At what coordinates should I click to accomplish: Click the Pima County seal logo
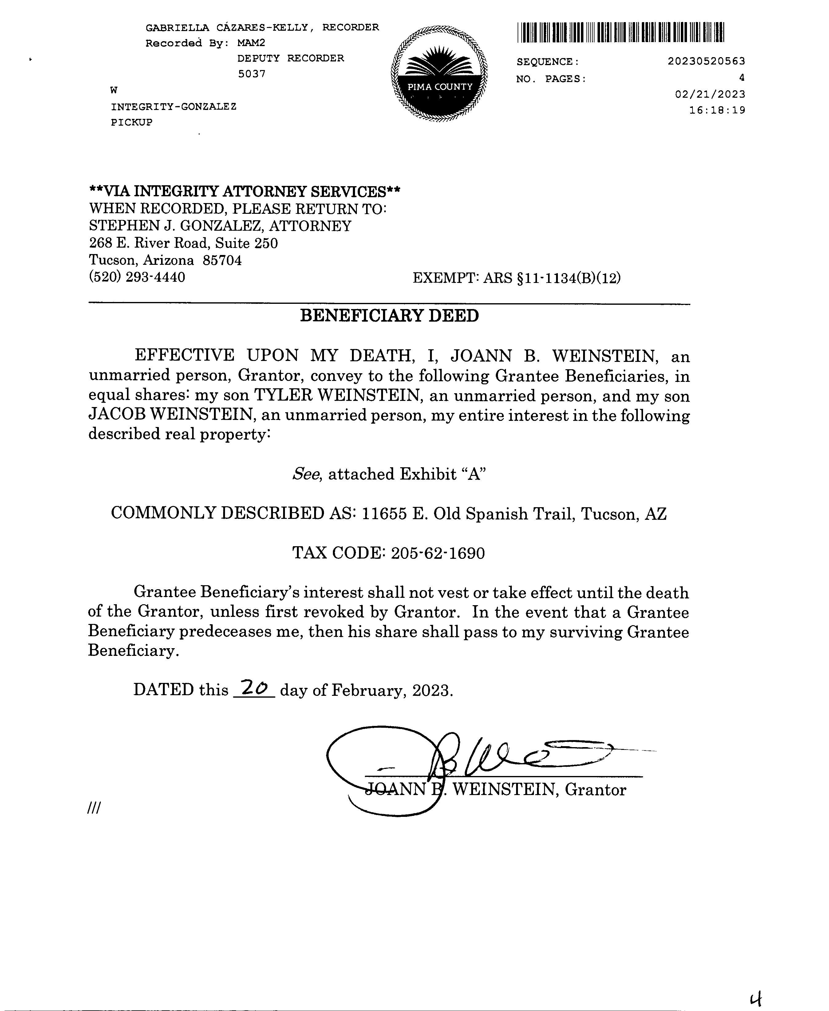click(x=439, y=74)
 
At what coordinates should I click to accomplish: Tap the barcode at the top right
click(x=620, y=33)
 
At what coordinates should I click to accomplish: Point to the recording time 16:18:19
click(x=717, y=110)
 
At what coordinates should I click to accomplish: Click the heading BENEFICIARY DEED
click(x=389, y=316)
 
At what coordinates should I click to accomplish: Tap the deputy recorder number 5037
click(x=252, y=74)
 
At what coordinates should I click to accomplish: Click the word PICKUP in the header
click(x=132, y=122)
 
